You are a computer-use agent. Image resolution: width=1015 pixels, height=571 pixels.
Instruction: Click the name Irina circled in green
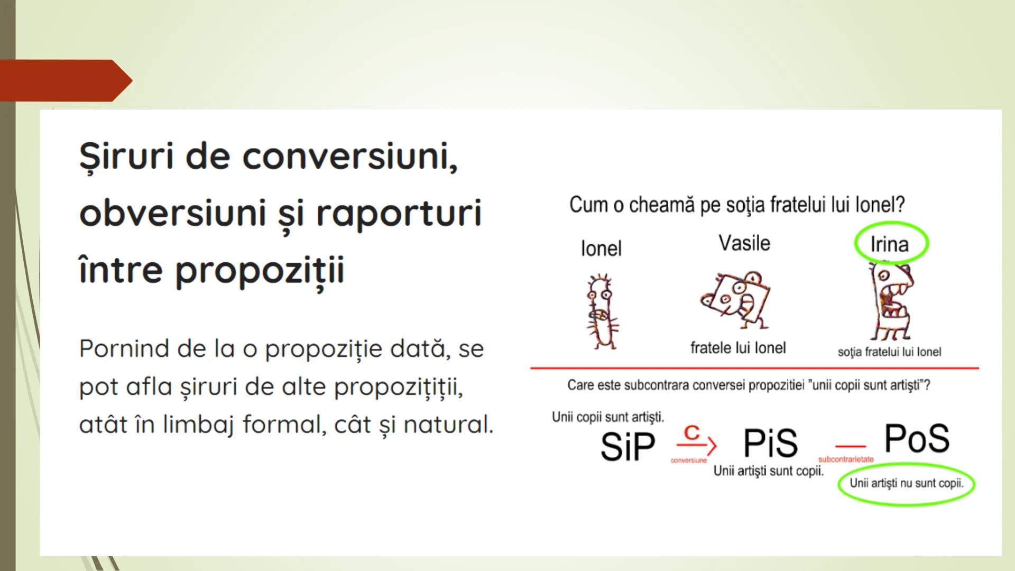point(890,244)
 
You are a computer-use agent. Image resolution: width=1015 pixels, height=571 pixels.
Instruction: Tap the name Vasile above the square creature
point(744,243)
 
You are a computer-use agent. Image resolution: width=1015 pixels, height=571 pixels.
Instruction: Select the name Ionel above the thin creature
point(601,248)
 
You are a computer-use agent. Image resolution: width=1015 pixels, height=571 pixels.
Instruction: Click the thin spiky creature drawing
point(602,312)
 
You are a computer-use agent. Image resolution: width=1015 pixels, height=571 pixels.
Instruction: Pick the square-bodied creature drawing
point(736,300)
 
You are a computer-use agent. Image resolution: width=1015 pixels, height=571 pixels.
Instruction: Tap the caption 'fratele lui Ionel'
point(738,348)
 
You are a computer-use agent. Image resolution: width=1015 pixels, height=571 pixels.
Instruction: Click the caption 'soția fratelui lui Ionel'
point(889,352)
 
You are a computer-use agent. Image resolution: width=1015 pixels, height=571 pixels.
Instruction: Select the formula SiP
point(628,447)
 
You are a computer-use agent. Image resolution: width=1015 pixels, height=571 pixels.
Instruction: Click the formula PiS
point(770,443)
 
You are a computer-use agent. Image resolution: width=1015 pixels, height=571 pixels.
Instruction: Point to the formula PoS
point(917,438)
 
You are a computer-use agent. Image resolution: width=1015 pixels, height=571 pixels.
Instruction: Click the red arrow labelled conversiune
point(696,445)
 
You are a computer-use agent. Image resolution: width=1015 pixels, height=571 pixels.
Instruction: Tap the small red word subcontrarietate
point(846,459)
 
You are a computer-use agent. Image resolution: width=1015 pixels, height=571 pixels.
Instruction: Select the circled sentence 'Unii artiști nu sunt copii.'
point(906,483)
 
